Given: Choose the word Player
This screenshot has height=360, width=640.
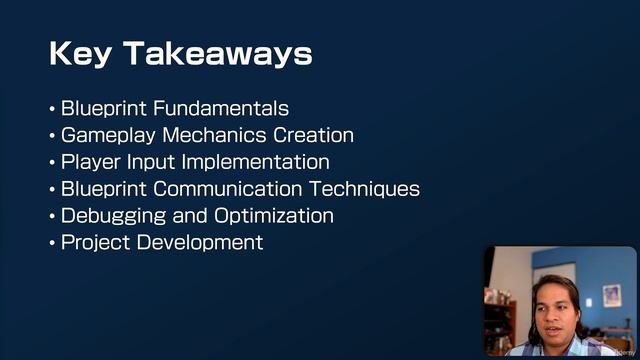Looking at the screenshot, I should click(x=90, y=162).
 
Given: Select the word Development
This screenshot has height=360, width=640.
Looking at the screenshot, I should click(x=200, y=242).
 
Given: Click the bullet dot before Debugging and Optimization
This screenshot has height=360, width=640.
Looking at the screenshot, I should click(x=52, y=216).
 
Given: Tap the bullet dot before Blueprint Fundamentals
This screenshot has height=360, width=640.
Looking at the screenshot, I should click(x=52, y=108).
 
